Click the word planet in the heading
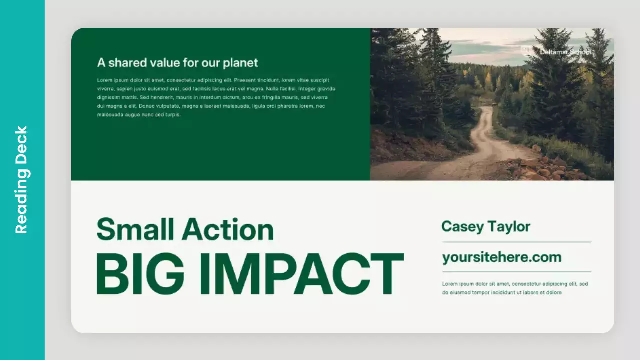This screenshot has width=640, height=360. coord(240,63)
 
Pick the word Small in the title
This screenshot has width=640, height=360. coord(135,230)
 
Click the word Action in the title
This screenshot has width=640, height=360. coord(228,230)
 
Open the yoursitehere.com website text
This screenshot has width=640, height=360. coord(502,257)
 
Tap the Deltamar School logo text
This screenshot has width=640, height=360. coord(565,52)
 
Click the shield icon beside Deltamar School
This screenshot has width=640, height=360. coord(526,51)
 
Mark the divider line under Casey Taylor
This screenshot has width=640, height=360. coord(516,242)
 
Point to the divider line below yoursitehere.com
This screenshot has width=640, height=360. coord(516,272)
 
